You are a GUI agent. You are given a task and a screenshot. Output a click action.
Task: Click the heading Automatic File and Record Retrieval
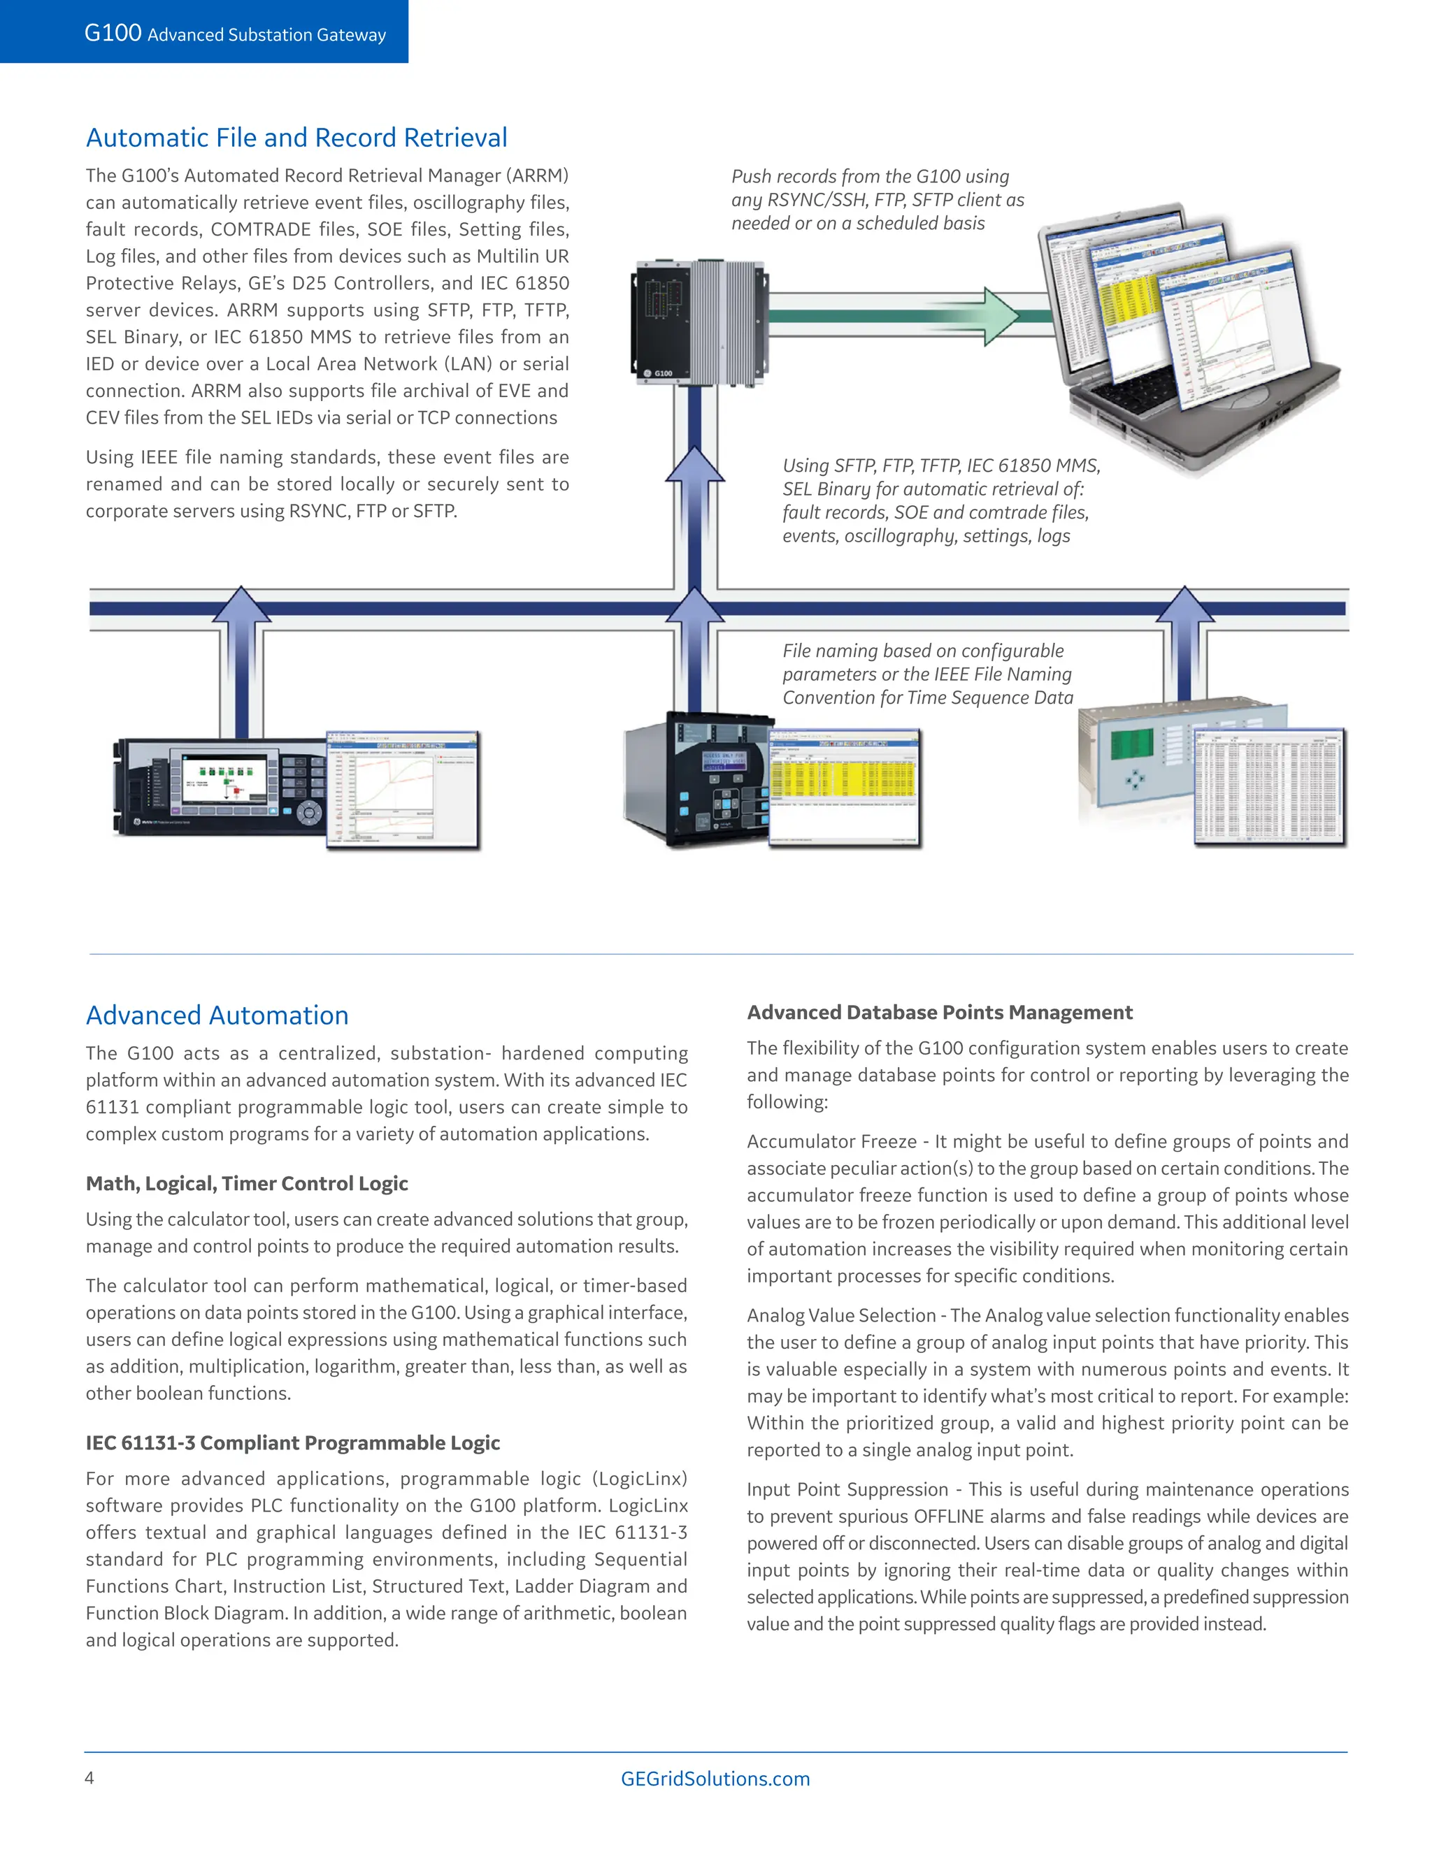click(296, 138)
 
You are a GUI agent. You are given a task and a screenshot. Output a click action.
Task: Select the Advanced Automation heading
click(217, 1015)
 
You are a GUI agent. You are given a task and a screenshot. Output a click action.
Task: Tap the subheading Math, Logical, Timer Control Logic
click(247, 1183)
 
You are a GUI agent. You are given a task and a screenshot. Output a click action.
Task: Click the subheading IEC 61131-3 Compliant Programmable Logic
click(293, 1442)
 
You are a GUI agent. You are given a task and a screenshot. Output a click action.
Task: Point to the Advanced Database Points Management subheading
click(939, 1012)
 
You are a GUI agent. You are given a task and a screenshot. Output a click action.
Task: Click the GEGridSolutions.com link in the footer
click(715, 1778)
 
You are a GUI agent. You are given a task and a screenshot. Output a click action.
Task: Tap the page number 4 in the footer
click(89, 1777)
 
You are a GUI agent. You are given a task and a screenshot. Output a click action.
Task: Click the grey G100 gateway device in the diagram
click(700, 322)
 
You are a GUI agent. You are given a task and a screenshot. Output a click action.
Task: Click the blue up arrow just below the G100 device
click(695, 475)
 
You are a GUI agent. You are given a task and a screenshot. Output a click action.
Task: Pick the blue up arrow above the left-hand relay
click(242, 615)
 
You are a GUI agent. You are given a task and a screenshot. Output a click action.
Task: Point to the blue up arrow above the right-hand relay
click(1185, 615)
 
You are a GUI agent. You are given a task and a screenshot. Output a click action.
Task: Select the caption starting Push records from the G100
click(878, 199)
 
